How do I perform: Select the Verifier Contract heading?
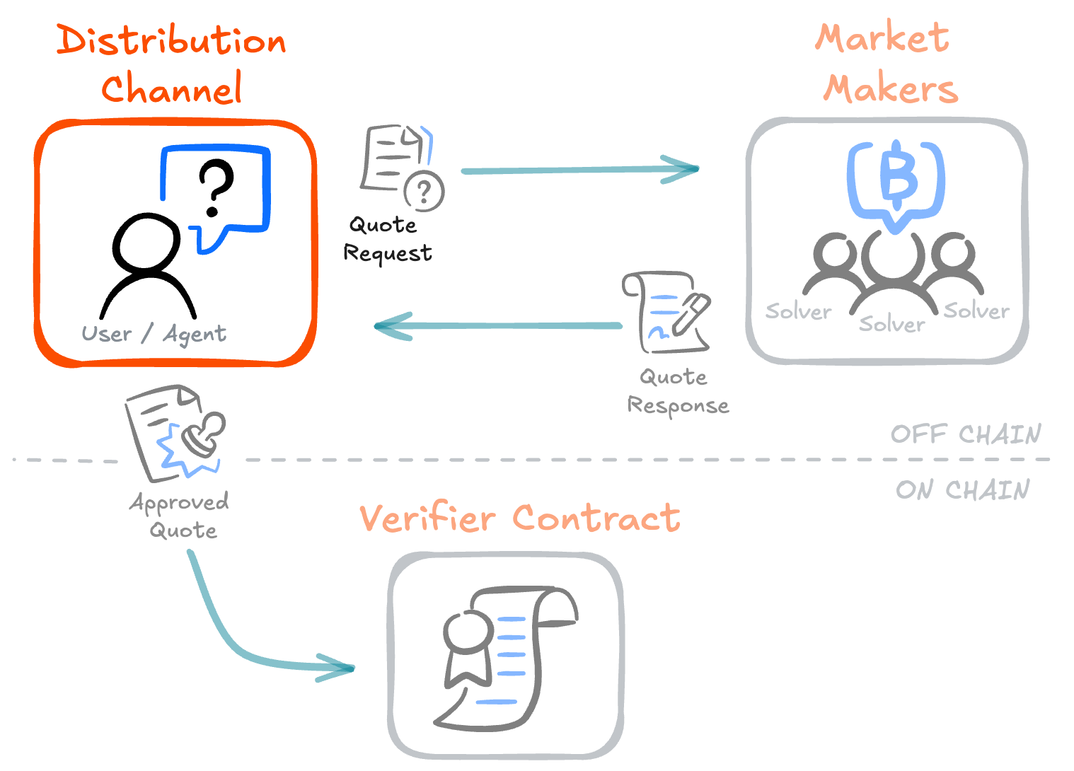click(519, 518)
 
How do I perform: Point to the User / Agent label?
click(154, 334)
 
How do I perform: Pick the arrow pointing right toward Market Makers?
click(580, 170)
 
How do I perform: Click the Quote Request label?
click(387, 239)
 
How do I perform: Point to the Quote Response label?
click(677, 392)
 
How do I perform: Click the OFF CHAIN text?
click(965, 434)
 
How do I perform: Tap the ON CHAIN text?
click(962, 489)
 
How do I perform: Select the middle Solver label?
click(891, 324)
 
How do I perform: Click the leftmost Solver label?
click(798, 311)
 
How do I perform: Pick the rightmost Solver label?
click(976, 310)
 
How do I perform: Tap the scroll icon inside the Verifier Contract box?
click(506, 654)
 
